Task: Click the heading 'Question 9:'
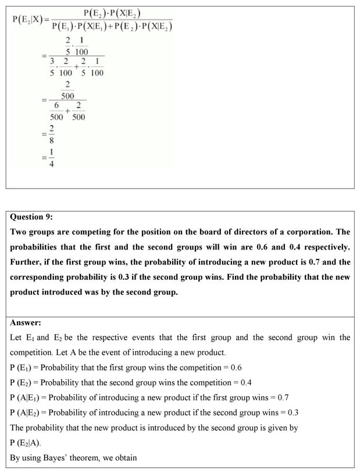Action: point(31,217)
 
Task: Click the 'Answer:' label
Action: point(26,322)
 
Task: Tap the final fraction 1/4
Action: point(51,159)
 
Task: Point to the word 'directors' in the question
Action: point(239,232)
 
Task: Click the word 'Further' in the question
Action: point(27,262)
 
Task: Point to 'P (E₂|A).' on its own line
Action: point(26,443)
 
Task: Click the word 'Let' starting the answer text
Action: point(16,337)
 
